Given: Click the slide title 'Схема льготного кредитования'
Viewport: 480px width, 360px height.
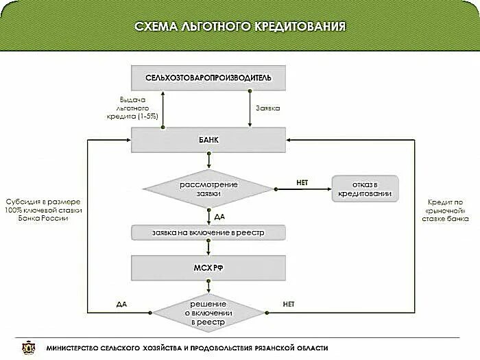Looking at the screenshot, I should pyautogui.click(x=239, y=27).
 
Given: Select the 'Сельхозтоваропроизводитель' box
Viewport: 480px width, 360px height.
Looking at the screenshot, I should pyautogui.click(x=208, y=77).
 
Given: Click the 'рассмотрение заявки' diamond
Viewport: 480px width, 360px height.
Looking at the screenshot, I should pyautogui.click(x=208, y=188).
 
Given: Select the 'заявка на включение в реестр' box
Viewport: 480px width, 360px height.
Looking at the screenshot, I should pyautogui.click(x=208, y=233).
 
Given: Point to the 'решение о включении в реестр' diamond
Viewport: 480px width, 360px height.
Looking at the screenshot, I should pyautogui.click(x=208, y=312).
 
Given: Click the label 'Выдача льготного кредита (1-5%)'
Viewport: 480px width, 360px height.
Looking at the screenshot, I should pyautogui.click(x=138, y=108).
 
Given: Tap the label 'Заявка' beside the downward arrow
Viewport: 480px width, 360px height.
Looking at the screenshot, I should pyautogui.click(x=267, y=108).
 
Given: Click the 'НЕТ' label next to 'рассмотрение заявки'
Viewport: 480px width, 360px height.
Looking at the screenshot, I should pyautogui.click(x=302, y=182).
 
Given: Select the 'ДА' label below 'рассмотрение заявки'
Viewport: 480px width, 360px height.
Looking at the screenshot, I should pyautogui.click(x=219, y=217).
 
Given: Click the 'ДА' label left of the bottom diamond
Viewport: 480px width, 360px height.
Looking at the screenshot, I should pyautogui.click(x=121, y=304).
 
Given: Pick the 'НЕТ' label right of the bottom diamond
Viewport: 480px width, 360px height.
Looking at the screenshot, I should pyautogui.click(x=289, y=304).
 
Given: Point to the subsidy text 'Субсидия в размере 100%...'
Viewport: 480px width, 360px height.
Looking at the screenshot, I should pyautogui.click(x=43, y=210).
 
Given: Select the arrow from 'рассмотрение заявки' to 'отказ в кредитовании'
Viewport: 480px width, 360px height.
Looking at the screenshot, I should pyautogui.click(x=302, y=189).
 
